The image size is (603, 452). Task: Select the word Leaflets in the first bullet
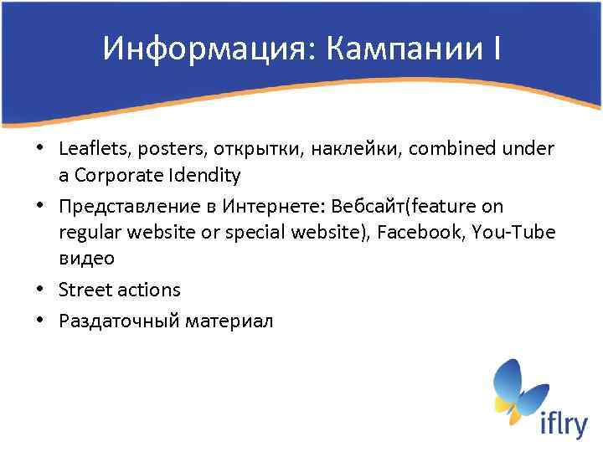tap(88, 148)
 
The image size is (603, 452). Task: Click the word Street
tap(83, 290)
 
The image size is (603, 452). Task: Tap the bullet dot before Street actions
tap(41, 290)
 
